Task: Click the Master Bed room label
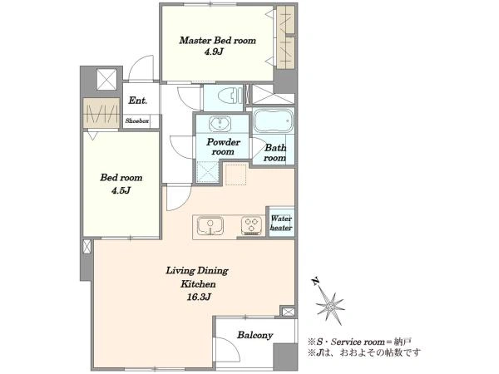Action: click(217, 41)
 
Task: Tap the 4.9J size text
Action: click(214, 52)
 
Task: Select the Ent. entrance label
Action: click(138, 101)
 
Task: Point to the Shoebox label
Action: click(137, 121)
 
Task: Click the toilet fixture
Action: click(230, 96)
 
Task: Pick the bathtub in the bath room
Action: click(274, 121)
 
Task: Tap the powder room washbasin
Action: click(220, 123)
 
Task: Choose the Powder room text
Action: click(223, 146)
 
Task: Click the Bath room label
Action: click(275, 153)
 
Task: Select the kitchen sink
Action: click(210, 225)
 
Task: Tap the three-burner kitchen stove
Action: click(252, 225)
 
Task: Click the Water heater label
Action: click(281, 224)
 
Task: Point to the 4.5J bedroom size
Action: click(121, 191)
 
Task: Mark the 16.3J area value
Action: click(200, 298)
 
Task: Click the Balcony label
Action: click(255, 335)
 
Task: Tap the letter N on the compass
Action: click(315, 282)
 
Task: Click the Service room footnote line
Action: click(359, 342)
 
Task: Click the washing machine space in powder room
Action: click(207, 172)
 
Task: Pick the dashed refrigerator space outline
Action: click(236, 174)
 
